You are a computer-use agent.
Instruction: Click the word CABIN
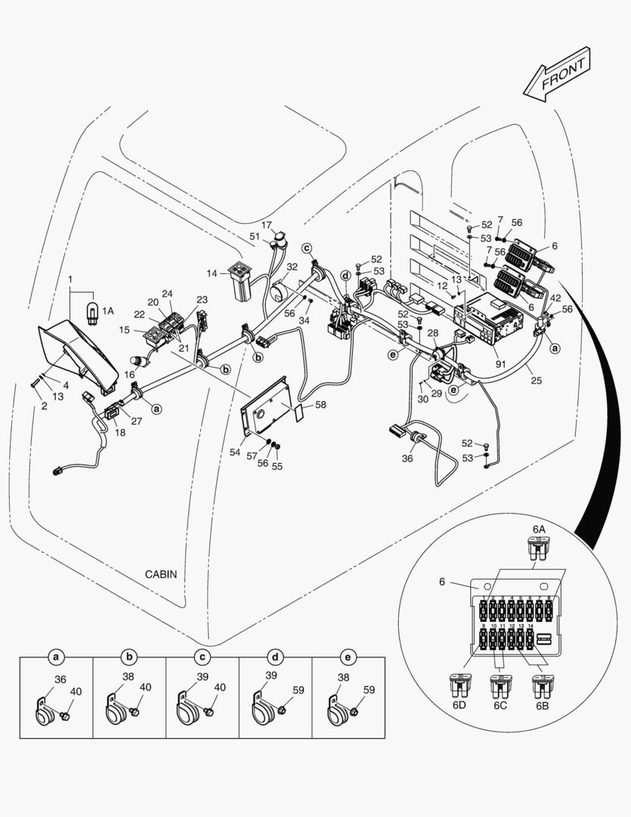[161, 574]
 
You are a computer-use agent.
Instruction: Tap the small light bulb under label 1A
[91, 311]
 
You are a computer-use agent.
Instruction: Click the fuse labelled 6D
[459, 686]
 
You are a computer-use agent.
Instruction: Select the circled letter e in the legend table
[348, 656]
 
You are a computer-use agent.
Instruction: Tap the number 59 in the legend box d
[298, 689]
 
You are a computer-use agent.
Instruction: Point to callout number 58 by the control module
[320, 405]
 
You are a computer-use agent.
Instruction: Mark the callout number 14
[211, 272]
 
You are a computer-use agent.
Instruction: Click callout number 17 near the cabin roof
[267, 225]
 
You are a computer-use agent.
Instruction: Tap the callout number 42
[555, 297]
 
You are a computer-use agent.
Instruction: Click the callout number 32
[292, 266]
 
